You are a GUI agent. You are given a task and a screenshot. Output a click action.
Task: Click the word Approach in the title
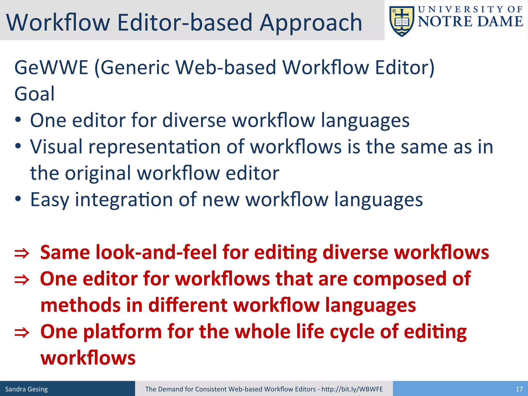point(311,23)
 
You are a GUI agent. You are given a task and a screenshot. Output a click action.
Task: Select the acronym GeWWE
point(51,68)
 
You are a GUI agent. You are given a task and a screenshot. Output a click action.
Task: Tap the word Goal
point(35,94)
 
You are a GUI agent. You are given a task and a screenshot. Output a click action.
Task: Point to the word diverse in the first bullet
point(194,120)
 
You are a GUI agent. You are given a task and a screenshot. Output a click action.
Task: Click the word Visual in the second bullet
point(56,147)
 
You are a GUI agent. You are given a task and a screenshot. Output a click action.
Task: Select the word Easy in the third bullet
point(50,200)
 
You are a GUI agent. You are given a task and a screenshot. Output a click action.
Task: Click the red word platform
point(122,332)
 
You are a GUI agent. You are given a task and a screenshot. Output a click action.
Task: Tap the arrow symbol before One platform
point(22,333)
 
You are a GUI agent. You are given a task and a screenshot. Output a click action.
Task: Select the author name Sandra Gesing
point(27,389)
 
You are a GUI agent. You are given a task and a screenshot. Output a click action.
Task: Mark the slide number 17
point(519,389)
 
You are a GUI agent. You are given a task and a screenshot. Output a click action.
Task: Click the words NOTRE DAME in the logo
point(470,21)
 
